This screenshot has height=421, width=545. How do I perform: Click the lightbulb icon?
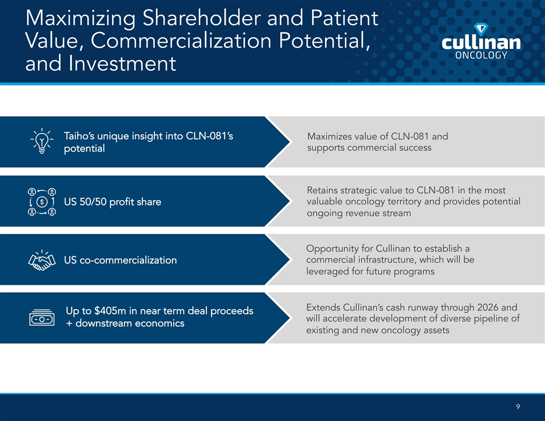point(42,141)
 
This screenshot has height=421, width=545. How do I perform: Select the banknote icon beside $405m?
point(42,317)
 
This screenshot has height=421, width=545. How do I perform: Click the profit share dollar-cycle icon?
point(42,201)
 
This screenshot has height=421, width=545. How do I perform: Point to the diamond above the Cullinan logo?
point(480,29)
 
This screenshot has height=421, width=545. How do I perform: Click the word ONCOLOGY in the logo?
point(481,55)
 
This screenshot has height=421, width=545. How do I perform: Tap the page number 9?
point(518,407)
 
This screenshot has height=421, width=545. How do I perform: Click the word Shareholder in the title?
point(202,18)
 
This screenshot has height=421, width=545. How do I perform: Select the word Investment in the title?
point(122,63)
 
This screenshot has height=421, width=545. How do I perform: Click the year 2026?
point(488,307)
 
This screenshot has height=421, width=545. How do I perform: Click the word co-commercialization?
point(129,260)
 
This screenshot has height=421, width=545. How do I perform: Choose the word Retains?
point(322,190)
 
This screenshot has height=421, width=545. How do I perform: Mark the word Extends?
point(323,307)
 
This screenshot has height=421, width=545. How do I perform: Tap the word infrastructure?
point(387,260)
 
